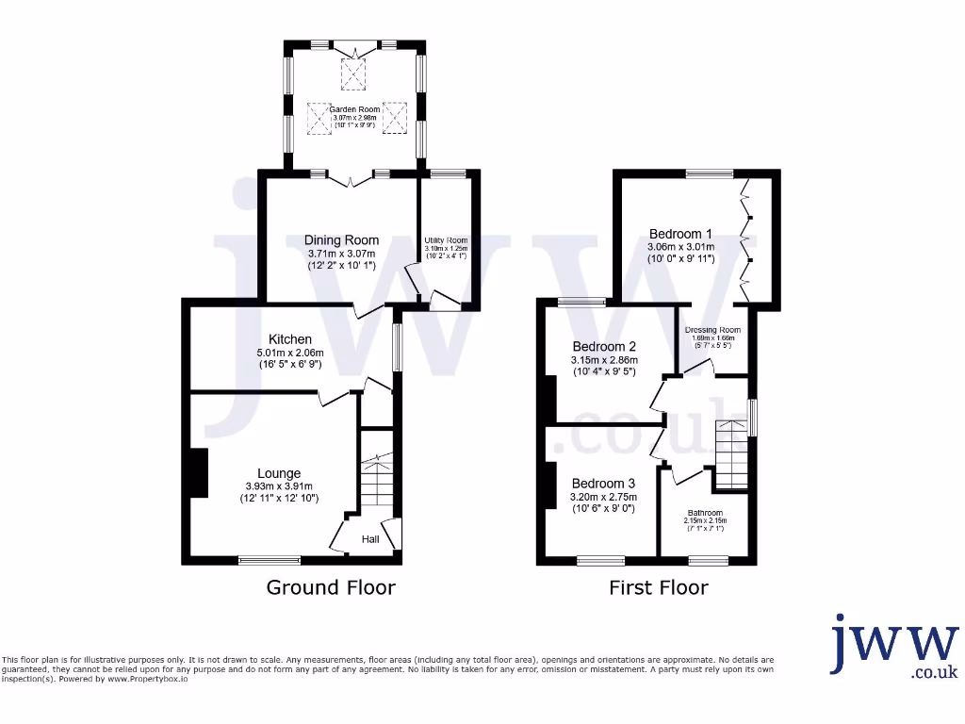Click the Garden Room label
click(x=355, y=109)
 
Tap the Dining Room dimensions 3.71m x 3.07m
click(x=341, y=254)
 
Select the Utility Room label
click(x=447, y=240)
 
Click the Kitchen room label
click(x=290, y=339)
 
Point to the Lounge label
click(x=280, y=473)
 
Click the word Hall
click(x=370, y=539)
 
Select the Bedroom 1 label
click(x=680, y=234)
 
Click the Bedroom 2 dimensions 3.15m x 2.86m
click(x=604, y=360)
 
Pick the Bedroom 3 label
click(x=604, y=484)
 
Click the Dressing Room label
click(x=712, y=330)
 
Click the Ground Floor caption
click(x=331, y=587)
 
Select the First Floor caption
click(x=659, y=587)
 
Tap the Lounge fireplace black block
click(x=198, y=472)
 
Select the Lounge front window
click(x=270, y=560)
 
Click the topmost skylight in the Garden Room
click(x=353, y=74)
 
